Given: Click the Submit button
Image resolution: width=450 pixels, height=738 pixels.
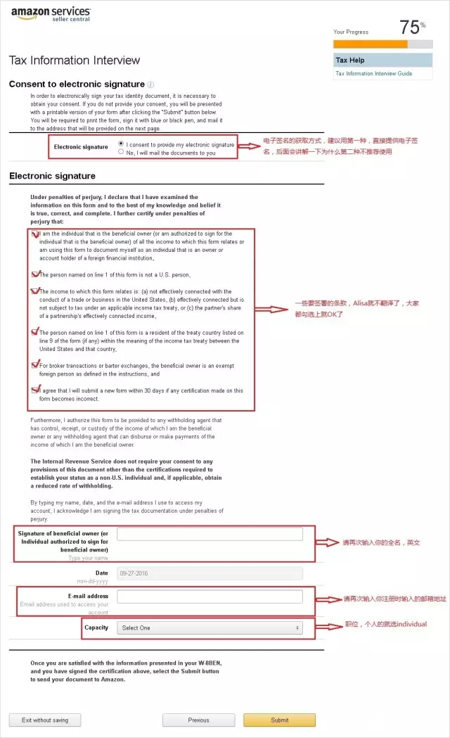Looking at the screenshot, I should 279,720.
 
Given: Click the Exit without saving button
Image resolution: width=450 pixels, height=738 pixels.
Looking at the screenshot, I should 44,720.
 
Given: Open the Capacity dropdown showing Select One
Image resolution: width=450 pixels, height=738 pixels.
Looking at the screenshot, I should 210,628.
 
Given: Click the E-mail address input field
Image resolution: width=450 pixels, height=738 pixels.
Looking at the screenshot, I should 210,597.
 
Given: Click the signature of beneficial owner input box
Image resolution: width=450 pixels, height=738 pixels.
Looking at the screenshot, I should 210,534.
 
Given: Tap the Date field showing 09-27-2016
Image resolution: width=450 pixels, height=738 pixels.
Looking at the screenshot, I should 210,573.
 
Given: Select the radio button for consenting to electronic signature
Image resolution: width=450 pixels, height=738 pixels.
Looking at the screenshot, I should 122,144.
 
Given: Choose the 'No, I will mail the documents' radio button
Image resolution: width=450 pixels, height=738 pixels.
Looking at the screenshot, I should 122,152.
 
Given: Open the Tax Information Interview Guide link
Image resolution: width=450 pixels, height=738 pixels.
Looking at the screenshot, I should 374,74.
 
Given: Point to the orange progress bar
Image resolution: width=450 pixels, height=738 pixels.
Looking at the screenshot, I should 371,44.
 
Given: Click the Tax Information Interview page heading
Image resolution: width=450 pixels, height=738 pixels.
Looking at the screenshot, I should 75,61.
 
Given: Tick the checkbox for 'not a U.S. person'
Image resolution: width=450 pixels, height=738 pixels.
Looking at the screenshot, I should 37,274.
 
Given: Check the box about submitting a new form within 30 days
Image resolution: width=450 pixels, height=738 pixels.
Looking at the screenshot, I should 37,389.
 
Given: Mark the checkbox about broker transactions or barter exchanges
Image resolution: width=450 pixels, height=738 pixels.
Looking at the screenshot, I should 37,365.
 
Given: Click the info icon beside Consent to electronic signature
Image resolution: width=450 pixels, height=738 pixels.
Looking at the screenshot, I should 151,84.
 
